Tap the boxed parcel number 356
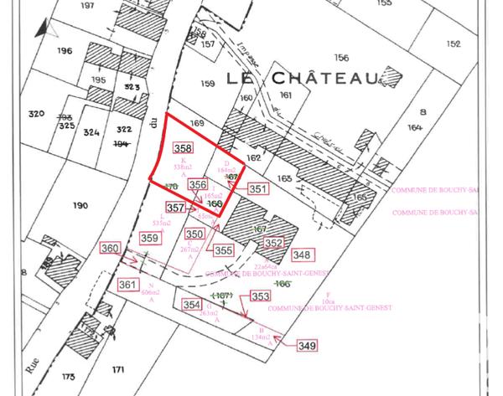tap(198, 184)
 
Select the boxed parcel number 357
tap(174, 207)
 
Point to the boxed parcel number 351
tap(258, 189)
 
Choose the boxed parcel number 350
tap(194, 234)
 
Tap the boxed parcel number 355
tap(223, 249)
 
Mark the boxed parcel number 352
tap(273, 243)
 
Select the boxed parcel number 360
tap(110, 249)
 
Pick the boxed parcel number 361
tap(127, 285)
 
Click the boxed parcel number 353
tap(260, 297)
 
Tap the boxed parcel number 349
tap(308, 345)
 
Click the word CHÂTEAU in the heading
tap(325, 78)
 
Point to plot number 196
tap(65, 50)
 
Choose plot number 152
tap(454, 44)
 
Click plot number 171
tap(118, 369)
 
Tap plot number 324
tap(91, 132)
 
